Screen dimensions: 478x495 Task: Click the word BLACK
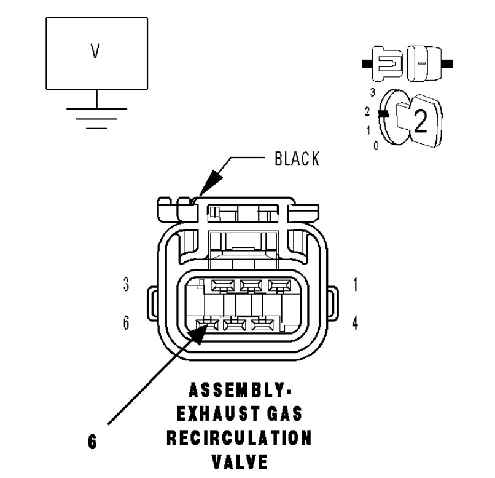pyautogui.click(x=297, y=159)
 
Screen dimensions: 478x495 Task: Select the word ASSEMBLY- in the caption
pyautogui.click(x=240, y=391)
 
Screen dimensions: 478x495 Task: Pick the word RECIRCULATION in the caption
pyautogui.click(x=240, y=439)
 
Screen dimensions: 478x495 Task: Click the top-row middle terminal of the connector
pyautogui.click(x=251, y=285)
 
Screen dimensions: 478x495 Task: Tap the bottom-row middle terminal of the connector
pyautogui.click(x=233, y=324)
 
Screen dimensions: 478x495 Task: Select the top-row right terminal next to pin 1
pyautogui.click(x=279, y=285)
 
